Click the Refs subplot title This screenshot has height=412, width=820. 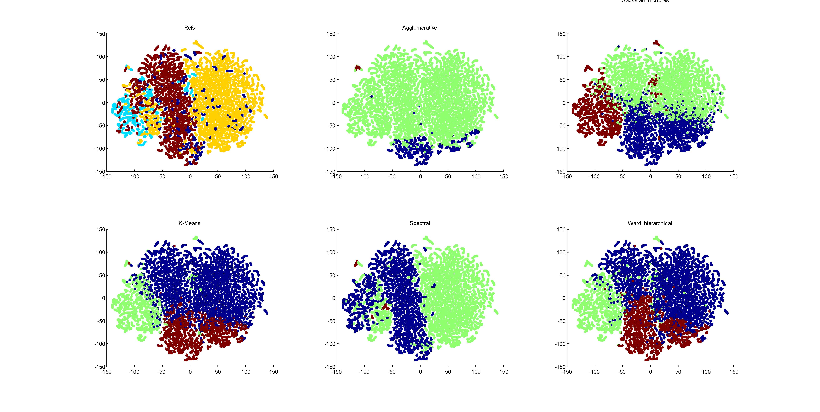[x=189, y=28]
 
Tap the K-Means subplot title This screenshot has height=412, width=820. [x=189, y=223]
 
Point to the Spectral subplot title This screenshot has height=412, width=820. [x=420, y=223]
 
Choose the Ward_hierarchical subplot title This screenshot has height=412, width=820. [x=650, y=223]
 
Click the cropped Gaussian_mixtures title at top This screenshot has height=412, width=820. [x=645, y=1]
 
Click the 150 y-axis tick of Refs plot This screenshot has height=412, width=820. [x=101, y=34]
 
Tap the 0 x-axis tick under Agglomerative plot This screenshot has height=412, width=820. [x=420, y=177]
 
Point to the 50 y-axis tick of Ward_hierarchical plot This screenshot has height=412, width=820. [x=562, y=275]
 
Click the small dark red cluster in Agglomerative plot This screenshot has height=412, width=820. [x=358, y=68]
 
